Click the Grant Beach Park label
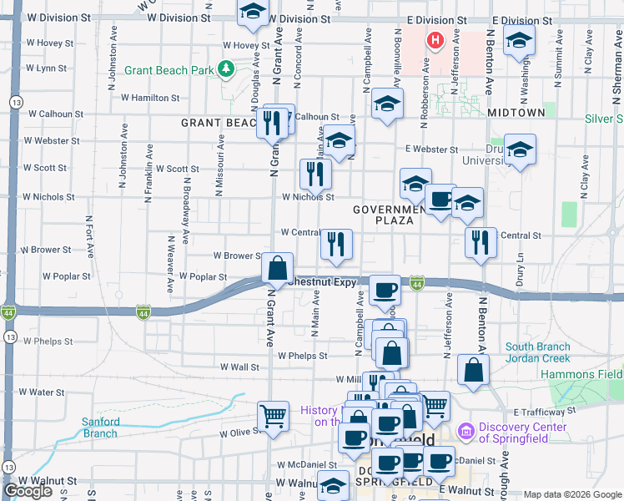coord(169,70)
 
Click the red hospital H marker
coord(435,39)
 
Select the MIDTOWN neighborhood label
coord(516,112)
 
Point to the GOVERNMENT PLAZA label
coord(384,215)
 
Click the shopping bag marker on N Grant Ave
coord(278,269)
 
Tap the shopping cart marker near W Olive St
coord(273,415)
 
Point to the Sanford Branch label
coord(100,428)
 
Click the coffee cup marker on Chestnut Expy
coord(384,290)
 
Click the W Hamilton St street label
coord(150,98)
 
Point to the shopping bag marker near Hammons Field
coord(473,370)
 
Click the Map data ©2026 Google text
coord(572,494)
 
